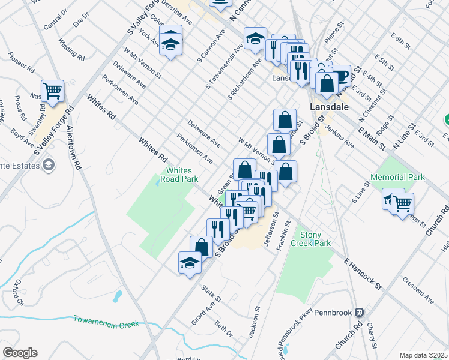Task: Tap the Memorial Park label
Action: point(397,177)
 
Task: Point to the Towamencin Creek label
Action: point(106,322)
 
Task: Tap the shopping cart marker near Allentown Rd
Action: point(53,91)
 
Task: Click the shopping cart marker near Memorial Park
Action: point(402,202)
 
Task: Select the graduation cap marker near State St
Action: point(190,262)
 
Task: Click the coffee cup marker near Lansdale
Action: point(340,76)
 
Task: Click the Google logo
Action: point(20,353)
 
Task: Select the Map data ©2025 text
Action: point(423,355)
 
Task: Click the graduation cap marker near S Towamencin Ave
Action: point(255,38)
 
